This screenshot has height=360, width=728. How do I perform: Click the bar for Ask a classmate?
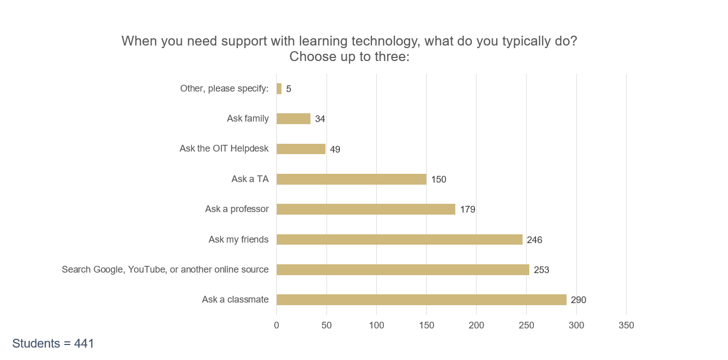click(422, 299)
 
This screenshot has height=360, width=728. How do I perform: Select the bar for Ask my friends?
click(399, 239)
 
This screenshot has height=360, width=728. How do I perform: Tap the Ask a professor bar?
click(366, 209)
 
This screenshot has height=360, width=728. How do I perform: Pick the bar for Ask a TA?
click(351, 179)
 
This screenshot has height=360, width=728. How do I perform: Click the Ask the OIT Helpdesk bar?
click(301, 149)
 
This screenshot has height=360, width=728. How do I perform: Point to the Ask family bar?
click(293, 118)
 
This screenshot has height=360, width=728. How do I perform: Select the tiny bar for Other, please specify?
click(279, 88)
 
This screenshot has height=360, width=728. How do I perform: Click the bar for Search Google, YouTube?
click(403, 269)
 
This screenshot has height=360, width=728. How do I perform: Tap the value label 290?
click(578, 300)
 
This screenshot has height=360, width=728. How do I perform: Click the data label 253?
click(541, 270)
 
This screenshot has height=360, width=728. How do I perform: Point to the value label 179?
click(468, 209)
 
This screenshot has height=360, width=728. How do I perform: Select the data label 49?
click(335, 149)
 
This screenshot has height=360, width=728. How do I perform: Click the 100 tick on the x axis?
click(376, 325)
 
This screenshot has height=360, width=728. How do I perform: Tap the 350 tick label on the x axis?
click(626, 325)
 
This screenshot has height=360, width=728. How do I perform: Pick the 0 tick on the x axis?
click(277, 325)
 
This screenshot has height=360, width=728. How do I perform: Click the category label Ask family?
click(248, 118)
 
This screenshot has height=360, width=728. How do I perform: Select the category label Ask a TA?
click(250, 179)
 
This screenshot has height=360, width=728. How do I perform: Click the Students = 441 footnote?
click(53, 343)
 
